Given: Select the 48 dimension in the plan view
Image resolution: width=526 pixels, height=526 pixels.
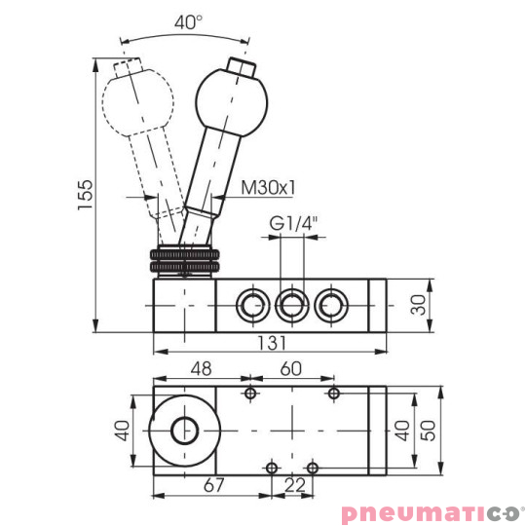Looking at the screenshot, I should coord(199,369).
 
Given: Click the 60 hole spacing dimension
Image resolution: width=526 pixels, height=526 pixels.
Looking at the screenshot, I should coord(291,369).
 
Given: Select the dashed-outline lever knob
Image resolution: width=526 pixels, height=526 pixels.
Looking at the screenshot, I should coord(138,100).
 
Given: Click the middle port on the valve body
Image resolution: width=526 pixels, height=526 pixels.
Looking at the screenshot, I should coord(289,305).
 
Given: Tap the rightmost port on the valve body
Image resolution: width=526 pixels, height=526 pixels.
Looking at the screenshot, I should coord(329,305).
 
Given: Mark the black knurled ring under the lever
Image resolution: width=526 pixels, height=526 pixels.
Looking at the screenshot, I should coord(184,260).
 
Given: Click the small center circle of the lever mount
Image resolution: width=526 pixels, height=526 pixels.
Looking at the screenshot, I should coord(183,430).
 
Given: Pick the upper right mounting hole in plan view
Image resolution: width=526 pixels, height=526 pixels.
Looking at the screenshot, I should coord(333,394).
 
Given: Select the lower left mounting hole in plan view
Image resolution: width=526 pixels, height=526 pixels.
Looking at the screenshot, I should coord(273,467).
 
